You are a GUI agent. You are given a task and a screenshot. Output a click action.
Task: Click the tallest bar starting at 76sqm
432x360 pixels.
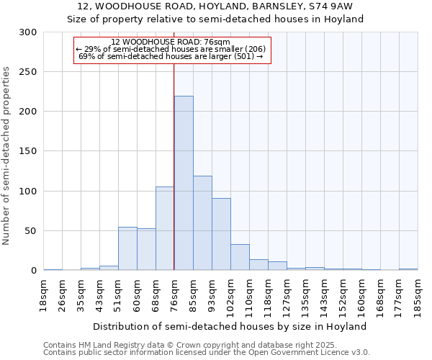click(184, 184)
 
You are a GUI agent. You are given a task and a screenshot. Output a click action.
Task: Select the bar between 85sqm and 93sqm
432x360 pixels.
click(202, 223)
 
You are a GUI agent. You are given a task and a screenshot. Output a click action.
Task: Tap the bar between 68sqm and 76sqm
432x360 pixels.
click(165, 228)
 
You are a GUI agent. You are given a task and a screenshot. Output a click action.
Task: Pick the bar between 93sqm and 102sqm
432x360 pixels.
click(221, 234)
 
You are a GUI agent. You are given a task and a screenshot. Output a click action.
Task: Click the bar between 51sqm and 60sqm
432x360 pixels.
click(127, 248)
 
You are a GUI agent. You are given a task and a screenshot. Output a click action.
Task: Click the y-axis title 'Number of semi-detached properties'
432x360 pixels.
click(6, 155)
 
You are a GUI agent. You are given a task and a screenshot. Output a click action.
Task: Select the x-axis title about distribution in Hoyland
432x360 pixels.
click(230, 326)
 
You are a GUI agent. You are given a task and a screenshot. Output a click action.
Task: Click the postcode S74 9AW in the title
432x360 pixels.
click(331, 6)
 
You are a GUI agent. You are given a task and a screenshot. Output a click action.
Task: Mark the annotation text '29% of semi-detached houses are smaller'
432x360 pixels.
click(171, 48)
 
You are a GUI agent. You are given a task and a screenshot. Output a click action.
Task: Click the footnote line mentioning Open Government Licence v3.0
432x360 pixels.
click(207, 352)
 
